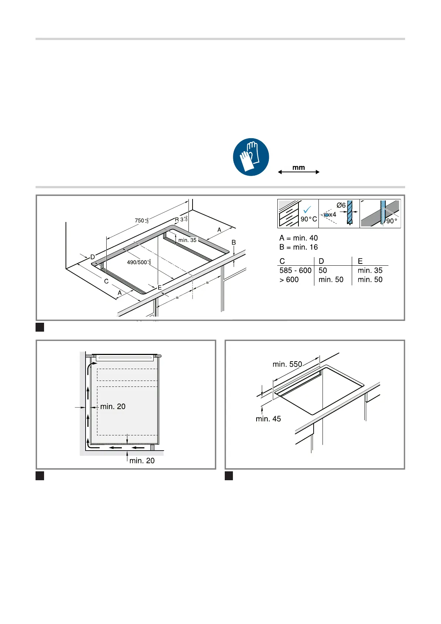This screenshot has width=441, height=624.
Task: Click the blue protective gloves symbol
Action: tap(251, 157)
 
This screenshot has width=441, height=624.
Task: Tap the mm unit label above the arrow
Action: tap(298, 167)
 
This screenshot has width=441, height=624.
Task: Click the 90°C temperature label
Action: tap(308, 219)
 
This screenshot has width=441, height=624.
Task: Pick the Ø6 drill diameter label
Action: tap(341, 205)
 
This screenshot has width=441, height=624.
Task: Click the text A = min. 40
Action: tap(298, 238)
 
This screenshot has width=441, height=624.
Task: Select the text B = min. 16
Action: tap(298, 247)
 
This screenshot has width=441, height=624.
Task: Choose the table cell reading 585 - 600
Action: tap(295, 270)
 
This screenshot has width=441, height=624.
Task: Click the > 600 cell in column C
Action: tap(289, 280)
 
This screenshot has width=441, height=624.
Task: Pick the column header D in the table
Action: tap(321, 261)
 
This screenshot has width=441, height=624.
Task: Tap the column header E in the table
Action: tap(360, 261)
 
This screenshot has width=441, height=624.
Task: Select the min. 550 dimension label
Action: tap(287, 364)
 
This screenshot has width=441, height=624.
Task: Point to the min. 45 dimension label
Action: tap(268, 419)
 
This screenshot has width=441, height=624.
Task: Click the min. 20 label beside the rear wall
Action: tap(113, 406)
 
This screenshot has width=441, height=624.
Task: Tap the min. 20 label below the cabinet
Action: tap(142, 461)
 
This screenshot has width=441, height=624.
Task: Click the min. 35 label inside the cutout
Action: tap(187, 240)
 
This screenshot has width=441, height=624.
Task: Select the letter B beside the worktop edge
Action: tap(234, 242)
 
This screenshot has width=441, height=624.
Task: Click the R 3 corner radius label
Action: tap(181, 219)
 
